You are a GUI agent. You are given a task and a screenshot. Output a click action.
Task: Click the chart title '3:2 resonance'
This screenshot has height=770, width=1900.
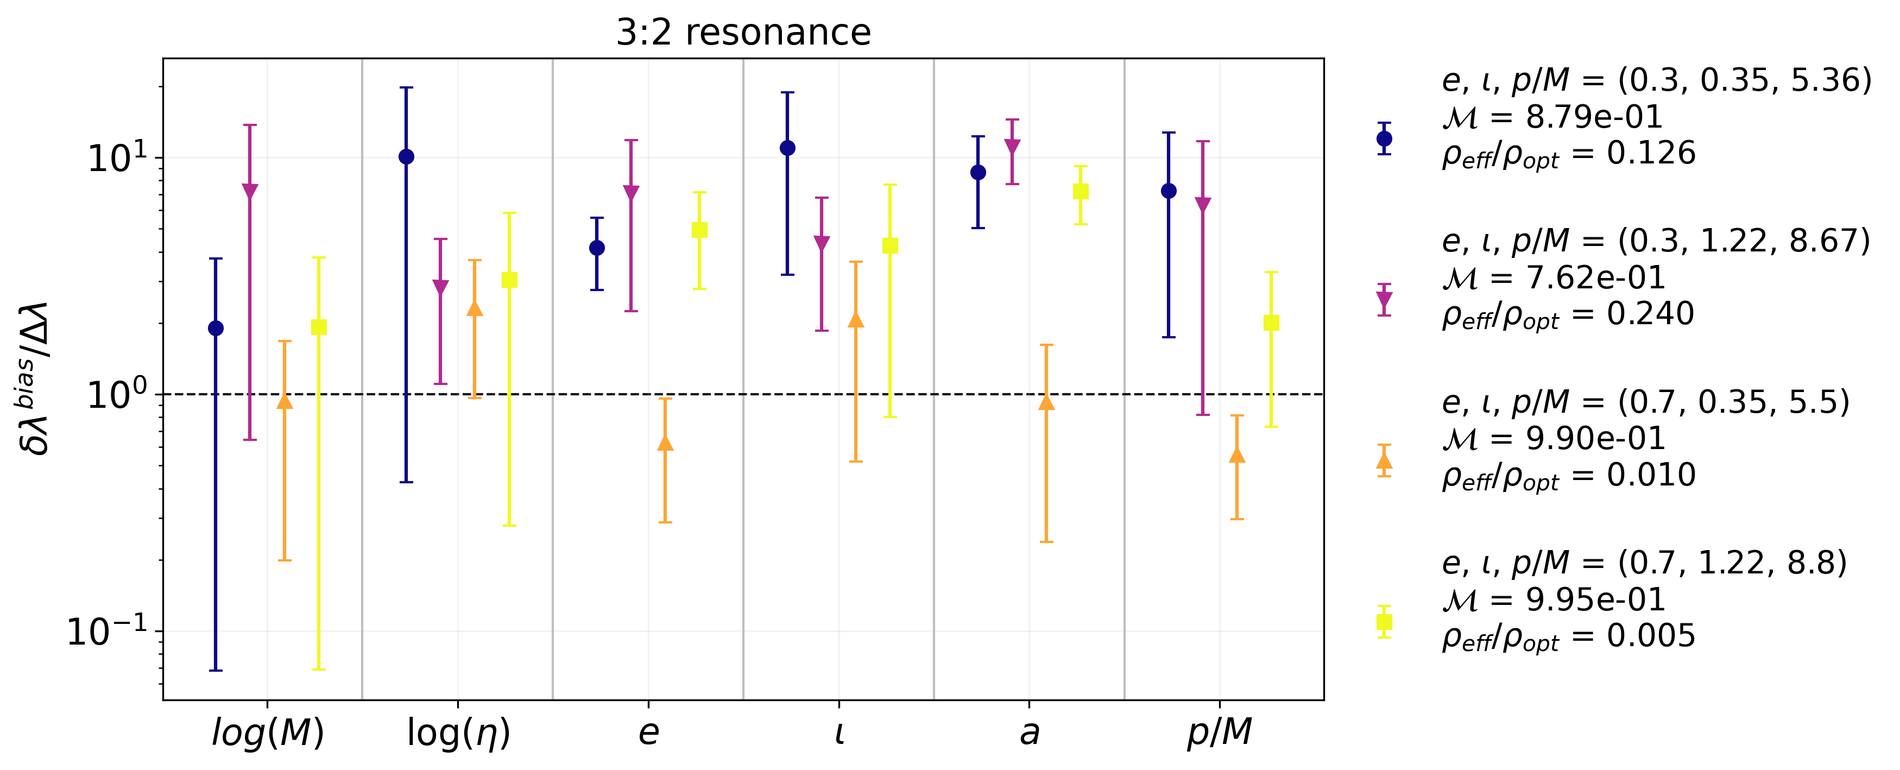[743, 33]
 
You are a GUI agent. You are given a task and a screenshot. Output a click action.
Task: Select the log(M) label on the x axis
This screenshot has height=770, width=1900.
[267, 733]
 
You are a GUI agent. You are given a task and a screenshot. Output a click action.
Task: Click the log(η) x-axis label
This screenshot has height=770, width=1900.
[458, 733]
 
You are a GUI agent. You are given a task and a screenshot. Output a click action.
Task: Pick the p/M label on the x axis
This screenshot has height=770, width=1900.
[1219, 733]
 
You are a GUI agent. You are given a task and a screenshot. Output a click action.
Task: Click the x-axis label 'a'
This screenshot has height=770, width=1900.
[1029, 733]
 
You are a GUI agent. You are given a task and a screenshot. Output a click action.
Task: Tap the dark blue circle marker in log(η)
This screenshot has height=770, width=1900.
[406, 156]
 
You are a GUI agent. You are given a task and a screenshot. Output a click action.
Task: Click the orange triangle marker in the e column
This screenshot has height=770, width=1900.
[665, 443]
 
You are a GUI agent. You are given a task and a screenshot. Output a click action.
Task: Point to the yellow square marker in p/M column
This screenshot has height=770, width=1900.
[1271, 323]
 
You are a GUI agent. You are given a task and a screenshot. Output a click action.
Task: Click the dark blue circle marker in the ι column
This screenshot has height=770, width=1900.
[788, 148]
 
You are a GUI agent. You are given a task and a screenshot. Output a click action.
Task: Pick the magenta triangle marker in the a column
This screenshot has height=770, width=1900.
[1012, 147]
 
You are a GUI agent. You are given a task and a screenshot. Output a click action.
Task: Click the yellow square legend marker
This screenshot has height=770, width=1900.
[1384, 622]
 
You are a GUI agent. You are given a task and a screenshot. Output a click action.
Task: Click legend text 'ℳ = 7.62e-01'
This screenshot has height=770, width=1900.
[1554, 278]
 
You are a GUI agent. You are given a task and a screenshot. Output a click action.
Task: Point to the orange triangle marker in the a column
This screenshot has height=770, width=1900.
[1046, 401]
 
